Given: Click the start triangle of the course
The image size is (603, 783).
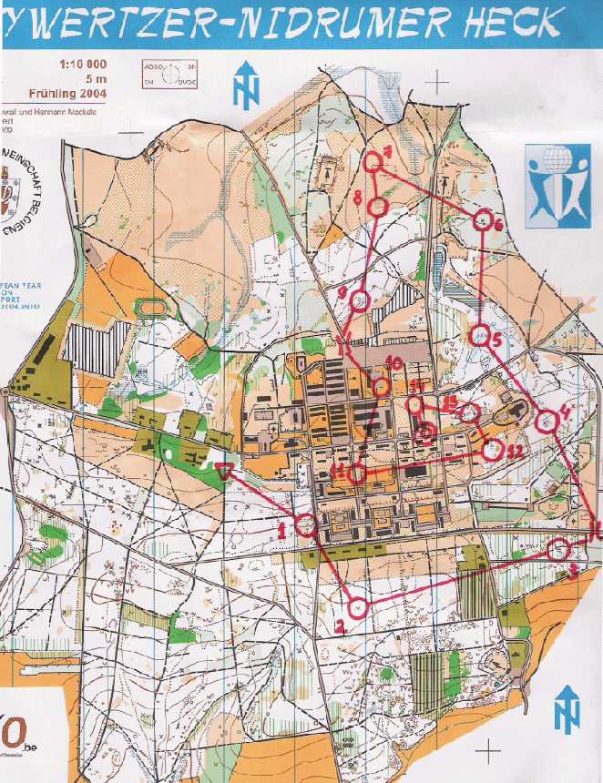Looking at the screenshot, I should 226,471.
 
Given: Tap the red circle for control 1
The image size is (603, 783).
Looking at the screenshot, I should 306,524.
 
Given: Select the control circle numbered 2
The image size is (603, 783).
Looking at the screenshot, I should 358,605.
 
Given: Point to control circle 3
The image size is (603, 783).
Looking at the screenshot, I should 560,549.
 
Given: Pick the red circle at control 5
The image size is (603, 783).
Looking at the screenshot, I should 479,336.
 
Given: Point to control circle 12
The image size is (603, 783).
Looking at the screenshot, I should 492,450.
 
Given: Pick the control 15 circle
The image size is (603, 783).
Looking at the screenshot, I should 469,413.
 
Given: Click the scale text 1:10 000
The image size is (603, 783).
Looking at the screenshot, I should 83,65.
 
